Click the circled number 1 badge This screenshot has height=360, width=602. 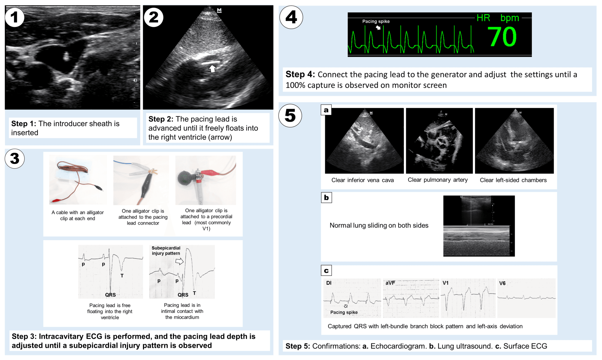pos(14,17)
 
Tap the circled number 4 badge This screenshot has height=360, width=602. pos(291,17)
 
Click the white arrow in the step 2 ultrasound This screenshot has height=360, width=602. pos(212,68)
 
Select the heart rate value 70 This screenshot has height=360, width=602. pos(502,37)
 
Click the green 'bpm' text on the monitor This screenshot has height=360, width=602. pos(510,18)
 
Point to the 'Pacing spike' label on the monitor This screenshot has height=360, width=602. pos(376,21)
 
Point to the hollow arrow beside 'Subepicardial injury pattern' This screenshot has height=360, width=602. pos(179,261)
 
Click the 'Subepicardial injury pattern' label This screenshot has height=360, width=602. pos(166,251)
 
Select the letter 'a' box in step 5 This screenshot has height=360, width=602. pos(326,110)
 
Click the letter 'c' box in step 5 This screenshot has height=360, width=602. pos(326,271)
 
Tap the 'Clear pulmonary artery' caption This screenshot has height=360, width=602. pos(437,180)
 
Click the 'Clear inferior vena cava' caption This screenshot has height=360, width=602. pos(362,180)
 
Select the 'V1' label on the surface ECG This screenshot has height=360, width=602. pos(445,283)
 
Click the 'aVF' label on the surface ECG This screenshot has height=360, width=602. pos(390,283)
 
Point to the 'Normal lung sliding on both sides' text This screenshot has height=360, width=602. pos(379,225)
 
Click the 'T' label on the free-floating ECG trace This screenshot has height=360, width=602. pos(122,276)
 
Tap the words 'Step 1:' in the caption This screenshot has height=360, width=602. pos(24,124)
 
